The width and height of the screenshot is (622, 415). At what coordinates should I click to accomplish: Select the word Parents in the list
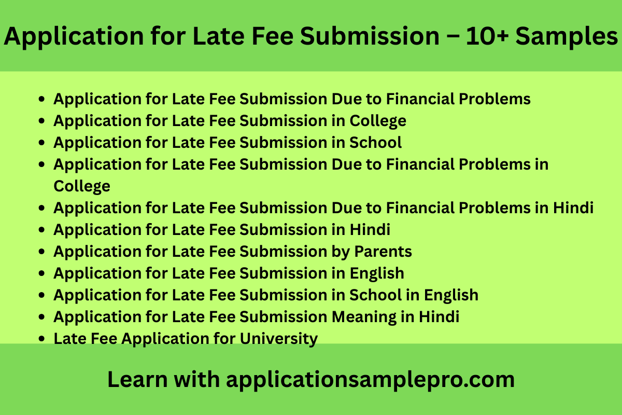point(383,252)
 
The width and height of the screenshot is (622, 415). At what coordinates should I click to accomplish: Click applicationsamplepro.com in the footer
point(370,380)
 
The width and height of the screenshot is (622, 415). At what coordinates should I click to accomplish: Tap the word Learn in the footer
point(136,380)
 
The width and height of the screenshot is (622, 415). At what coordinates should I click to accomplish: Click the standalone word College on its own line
point(82,186)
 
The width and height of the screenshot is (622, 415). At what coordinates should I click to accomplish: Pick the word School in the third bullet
point(376,142)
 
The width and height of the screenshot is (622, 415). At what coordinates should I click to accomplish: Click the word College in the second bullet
point(378,121)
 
